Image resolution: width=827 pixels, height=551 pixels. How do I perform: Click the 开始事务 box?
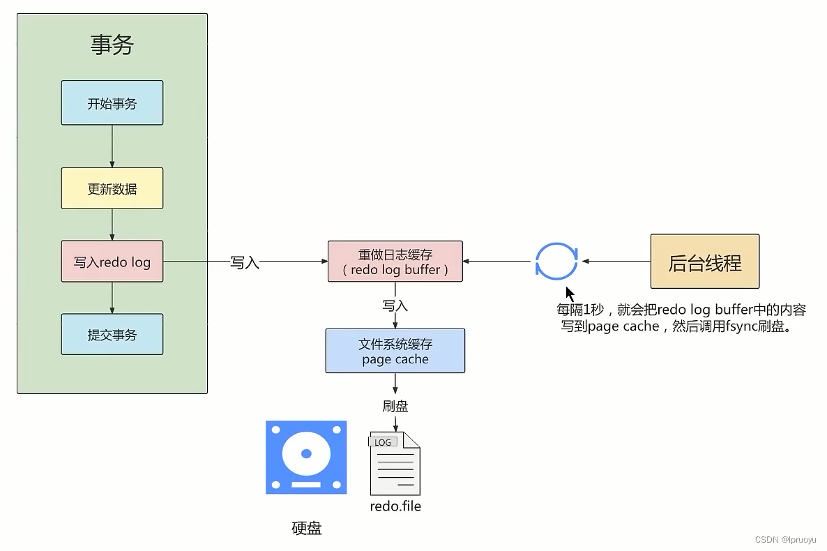pos(112,103)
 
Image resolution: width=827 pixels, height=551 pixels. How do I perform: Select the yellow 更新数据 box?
pos(112,188)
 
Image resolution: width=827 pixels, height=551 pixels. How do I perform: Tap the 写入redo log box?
pos(112,262)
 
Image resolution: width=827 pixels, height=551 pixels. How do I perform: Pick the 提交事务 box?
pos(112,335)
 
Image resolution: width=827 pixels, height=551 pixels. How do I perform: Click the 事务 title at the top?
pos(112,45)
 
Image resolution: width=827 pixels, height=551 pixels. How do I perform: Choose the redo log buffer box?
pos(395,262)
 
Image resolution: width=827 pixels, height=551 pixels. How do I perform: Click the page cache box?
pos(395,352)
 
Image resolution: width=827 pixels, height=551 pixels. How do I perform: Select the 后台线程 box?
pos(705,262)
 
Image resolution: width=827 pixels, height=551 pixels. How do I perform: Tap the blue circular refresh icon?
pos(556,262)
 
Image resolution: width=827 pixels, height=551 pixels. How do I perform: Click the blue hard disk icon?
pos(306,458)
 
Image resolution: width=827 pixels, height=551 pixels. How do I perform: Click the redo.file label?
pos(395,506)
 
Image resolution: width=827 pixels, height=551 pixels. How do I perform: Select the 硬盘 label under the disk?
pos(307,528)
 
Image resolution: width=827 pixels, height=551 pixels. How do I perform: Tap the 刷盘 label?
pos(395,406)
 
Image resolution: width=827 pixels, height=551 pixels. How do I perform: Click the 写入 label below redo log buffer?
pos(395,306)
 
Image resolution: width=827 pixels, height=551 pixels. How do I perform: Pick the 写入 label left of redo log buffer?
pos(245,263)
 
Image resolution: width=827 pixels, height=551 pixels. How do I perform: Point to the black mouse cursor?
pos(570,293)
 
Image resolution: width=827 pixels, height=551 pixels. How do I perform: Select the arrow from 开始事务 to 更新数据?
pos(112,146)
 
